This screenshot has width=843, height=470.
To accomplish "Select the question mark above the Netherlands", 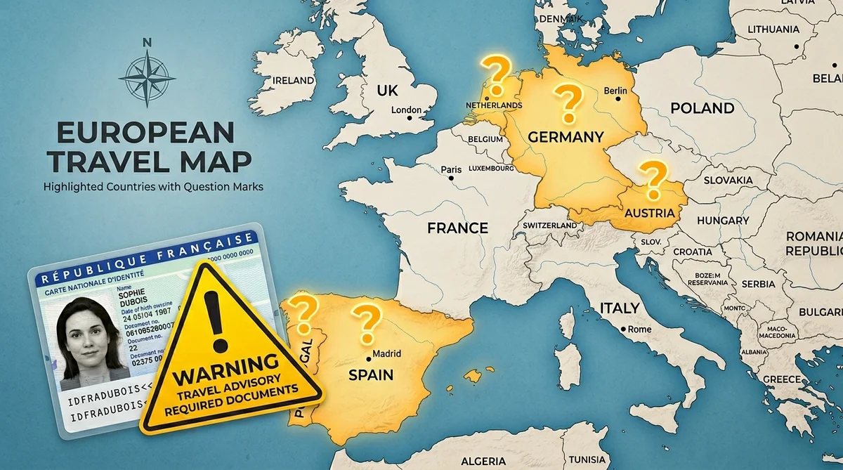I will [495, 76].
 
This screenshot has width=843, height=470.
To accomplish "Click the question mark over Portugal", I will [302, 315].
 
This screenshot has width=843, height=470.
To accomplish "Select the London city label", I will [405, 110].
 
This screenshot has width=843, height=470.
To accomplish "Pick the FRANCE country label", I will [458, 228].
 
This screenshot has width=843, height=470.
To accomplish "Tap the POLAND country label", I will [702, 108].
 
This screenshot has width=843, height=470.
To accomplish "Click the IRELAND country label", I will [293, 80].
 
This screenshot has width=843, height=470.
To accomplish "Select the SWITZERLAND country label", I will [550, 226].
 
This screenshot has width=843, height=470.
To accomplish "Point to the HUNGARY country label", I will [723, 221].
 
